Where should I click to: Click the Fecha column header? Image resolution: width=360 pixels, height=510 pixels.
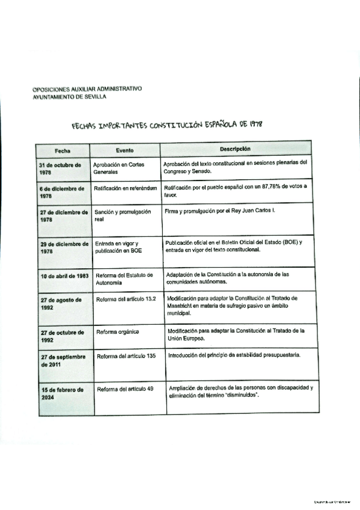point(63,150)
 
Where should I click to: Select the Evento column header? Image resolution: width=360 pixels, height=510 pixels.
point(124,150)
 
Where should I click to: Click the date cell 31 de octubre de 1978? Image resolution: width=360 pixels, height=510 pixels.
point(59,168)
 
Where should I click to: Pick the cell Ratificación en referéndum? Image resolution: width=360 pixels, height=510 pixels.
point(125,188)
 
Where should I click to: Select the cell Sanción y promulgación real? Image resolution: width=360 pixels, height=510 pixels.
point(122,215)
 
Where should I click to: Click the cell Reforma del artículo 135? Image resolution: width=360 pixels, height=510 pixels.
point(126,356)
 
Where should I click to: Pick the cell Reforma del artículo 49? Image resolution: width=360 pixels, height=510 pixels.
point(125,389)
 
